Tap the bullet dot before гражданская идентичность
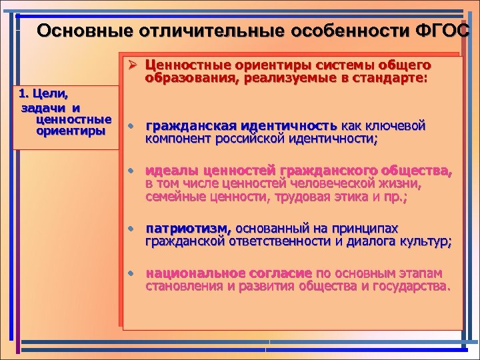133,127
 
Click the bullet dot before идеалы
133,171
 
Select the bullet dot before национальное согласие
133,274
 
